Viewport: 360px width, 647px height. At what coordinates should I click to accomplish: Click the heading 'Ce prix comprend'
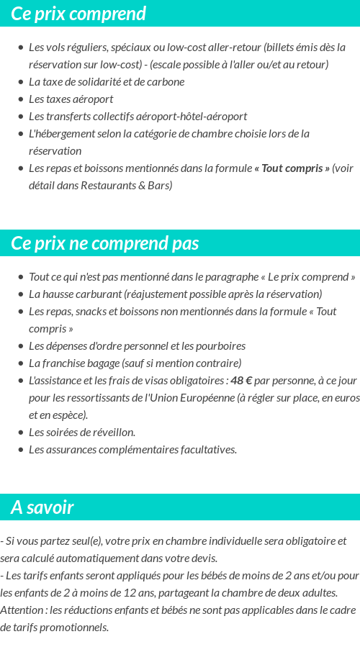pyautogui.click(x=78, y=14)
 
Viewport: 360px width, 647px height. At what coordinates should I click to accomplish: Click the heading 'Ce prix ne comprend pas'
pyautogui.click(x=104, y=243)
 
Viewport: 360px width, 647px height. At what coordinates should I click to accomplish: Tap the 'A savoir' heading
pyautogui.click(x=42, y=507)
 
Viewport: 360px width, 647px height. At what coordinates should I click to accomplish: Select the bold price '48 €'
pyautogui.click(x=241, y=380)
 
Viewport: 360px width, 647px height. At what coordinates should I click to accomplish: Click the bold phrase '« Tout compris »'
pyautogui.click(x=292, y=168)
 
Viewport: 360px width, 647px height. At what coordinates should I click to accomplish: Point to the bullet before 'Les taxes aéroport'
pyautogui.click(x=21, y=99)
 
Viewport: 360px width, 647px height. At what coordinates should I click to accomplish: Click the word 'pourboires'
pyautogui.click(x=220, y=345)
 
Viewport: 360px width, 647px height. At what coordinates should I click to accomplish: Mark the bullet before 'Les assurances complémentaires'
pyautogui.click(x=21, y=450)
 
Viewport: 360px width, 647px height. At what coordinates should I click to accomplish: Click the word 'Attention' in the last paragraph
pyautogui.click(x=22, y=610)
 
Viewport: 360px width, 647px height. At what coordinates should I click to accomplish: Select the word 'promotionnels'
pyautogui.click(x=73, y=627)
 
